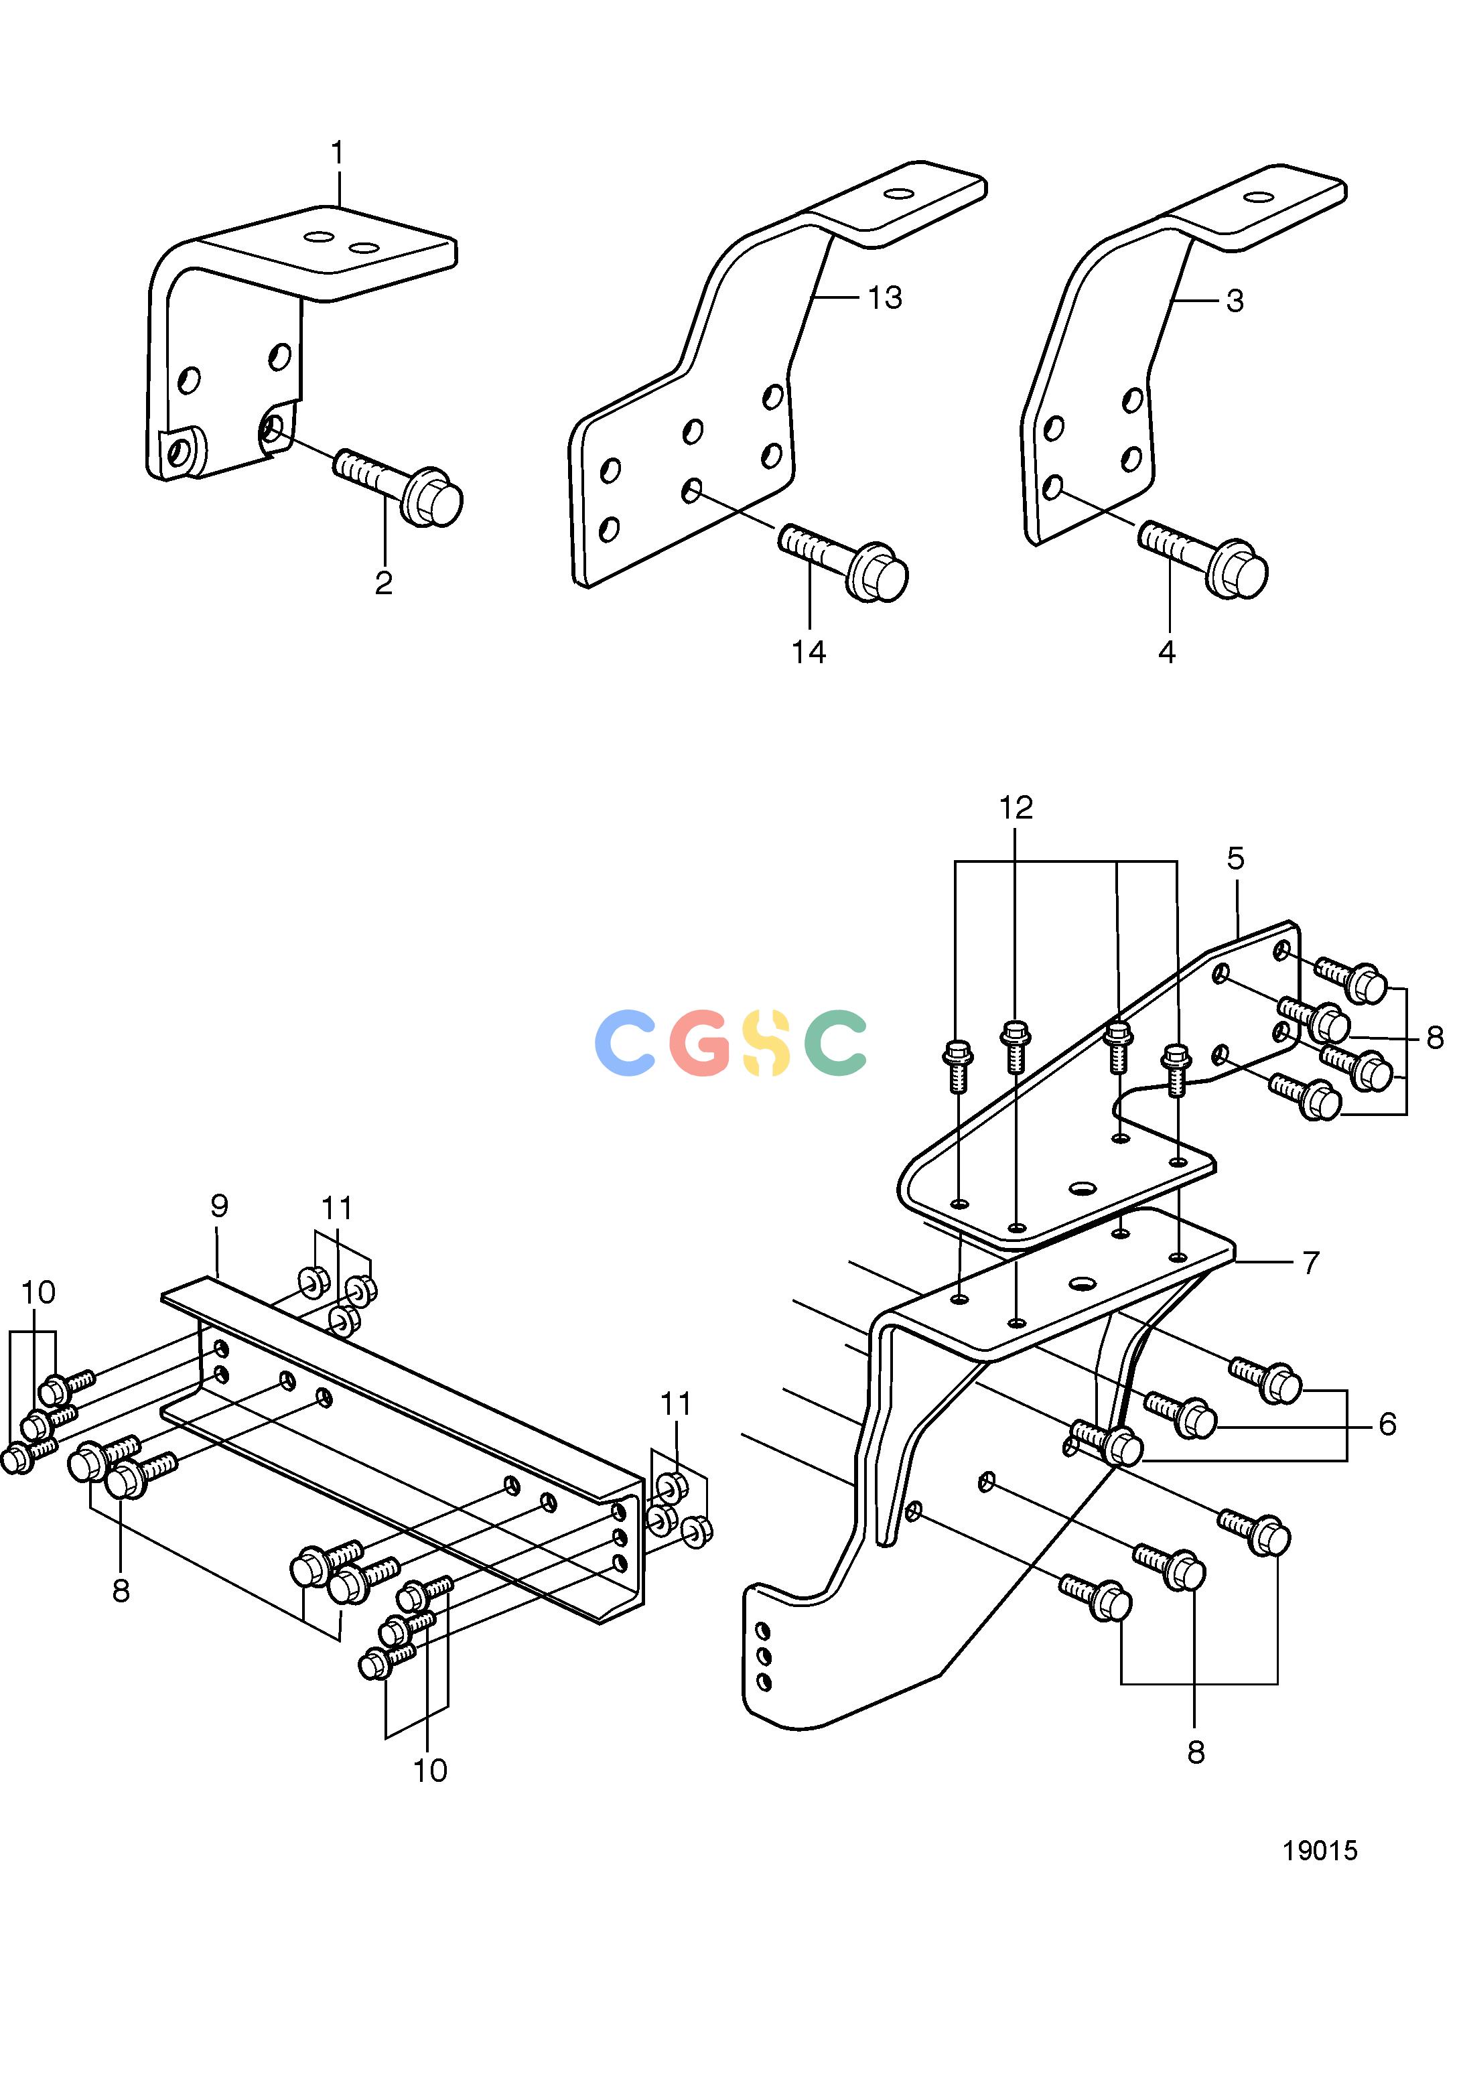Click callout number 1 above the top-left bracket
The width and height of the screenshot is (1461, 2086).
(x=338, y=153)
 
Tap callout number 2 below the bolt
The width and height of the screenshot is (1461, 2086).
(x=383, y=583)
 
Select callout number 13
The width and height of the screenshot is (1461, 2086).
(x=885, y=298)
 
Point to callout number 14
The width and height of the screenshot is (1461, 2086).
(x=809, y=652)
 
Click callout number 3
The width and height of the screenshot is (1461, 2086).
(x=1235, y=301)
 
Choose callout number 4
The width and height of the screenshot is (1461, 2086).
(x=1168, y=652)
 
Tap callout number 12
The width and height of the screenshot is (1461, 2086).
(x=1017, y=808)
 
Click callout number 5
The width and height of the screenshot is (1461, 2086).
(x=1236, y=859)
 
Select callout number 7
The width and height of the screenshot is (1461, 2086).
(x=1310, y=1263)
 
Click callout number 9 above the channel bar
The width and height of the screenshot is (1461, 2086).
(x=219, y=1206)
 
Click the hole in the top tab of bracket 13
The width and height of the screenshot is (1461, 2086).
(x=900, y=194)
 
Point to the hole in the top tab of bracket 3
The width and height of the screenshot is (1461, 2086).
(x=1259, y=196)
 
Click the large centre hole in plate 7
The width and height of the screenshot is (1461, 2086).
(x=1081, y=1283)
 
